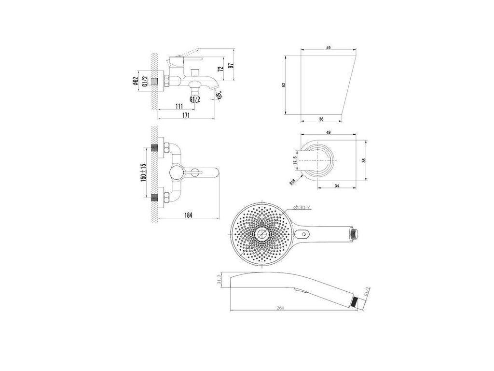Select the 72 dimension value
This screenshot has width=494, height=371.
220,69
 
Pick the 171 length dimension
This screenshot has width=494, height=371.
186,115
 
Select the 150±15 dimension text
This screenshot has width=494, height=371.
143,172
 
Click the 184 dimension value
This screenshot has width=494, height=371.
189,215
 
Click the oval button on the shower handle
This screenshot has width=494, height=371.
304,235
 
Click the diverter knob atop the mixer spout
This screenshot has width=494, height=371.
195,71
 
